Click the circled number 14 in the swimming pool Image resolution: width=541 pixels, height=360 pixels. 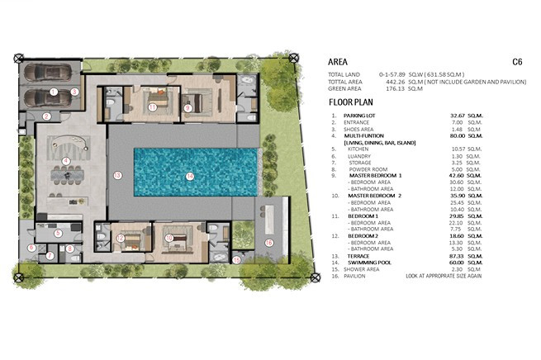(190, 175)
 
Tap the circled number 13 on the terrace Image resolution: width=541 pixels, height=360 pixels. (117, 175)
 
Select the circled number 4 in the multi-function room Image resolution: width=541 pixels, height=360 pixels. (65, 159)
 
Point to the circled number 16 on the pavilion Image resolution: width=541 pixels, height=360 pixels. (268, 242)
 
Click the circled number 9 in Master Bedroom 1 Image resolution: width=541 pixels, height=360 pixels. (188, 107)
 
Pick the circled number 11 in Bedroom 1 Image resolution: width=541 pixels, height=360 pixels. (153, 107)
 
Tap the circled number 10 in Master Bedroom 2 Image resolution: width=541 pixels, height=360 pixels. (169, 238)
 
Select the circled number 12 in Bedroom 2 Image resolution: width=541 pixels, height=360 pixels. (121, 239)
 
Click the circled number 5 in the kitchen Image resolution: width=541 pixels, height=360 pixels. (58, 233)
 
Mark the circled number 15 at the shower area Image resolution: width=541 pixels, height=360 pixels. (237, 259)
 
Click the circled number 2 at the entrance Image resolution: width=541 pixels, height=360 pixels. (47, 116)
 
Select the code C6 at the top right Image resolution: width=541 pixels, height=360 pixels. (517, 61)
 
